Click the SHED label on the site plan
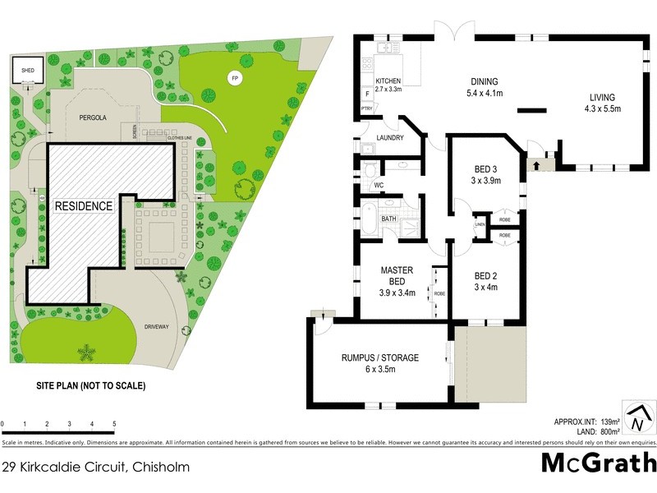(27, 71)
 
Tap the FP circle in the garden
(235, 78)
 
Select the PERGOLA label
(93, 118)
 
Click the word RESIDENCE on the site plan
(84, 206)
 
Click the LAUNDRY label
(389, 137)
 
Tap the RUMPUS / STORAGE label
(380, 362)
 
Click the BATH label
(388, 219)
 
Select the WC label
(379, 185)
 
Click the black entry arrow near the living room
(537, 165)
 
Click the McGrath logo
(599, 463)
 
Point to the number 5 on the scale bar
(113, 424)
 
